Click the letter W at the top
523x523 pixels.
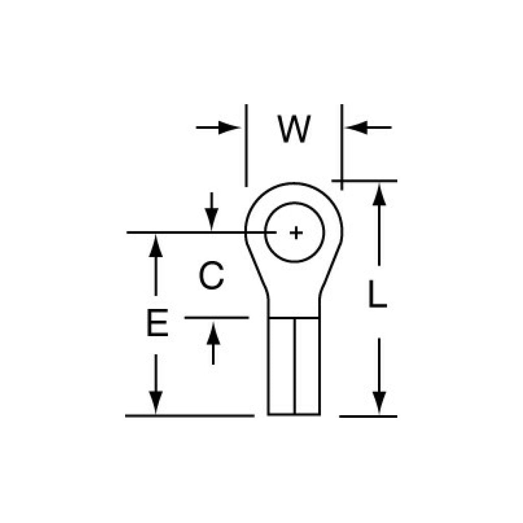point(294,129)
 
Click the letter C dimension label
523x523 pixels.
point(211,276)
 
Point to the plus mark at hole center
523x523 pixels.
point(296,233)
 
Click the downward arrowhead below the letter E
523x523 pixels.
point(156,401)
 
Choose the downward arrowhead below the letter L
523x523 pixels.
point(378,401)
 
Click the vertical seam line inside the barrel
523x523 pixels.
point(294,366)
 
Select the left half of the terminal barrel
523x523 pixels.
point(281,366)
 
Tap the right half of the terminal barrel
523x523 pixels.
point(307,366)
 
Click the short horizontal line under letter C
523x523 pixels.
point(217,318)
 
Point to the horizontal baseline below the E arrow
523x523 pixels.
point(189,416)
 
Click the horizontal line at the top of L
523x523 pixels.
point(365,181)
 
